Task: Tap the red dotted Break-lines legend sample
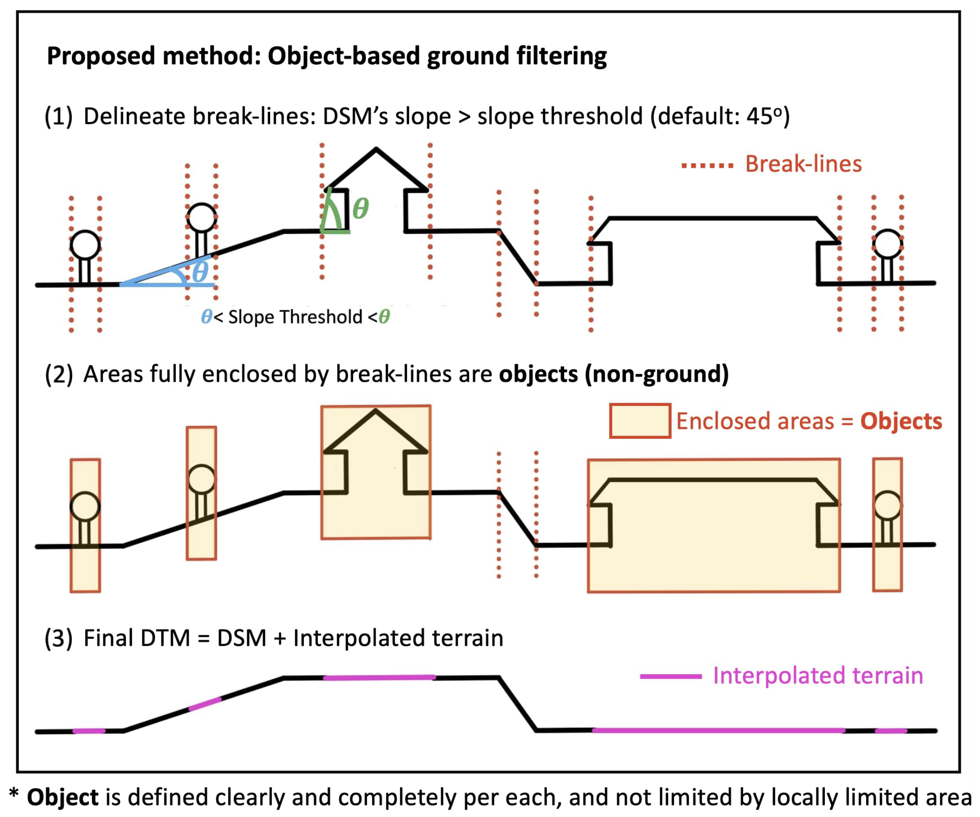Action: click(707, 165)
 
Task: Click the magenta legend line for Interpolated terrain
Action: click(671, 676)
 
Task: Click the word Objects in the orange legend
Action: click(901, 421)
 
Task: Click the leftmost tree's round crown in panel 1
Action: click(85, 244)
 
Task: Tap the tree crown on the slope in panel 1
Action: click(202, 217)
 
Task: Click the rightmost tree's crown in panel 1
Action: click(888, 244)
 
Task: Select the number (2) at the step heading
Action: click(59, 374)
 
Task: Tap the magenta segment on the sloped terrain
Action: click(205, 704)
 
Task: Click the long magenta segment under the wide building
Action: click(719, 730)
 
